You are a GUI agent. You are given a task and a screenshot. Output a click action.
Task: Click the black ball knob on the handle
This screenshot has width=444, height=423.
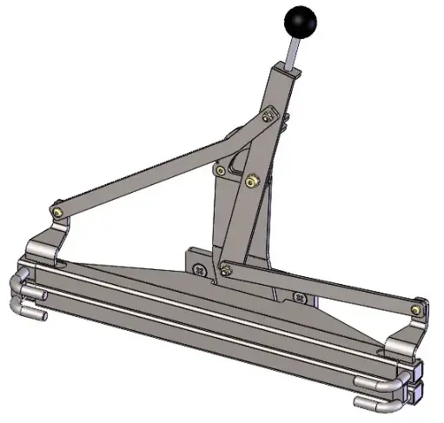click(x=300, y=21)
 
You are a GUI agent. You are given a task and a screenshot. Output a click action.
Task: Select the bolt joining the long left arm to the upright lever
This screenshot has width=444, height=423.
click(x=268, y=113)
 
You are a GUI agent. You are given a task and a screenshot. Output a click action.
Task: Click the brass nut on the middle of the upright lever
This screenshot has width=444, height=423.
click(x=253, y=180)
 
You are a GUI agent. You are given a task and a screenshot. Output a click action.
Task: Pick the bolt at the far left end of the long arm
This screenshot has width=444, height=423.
click(x=57, y=209)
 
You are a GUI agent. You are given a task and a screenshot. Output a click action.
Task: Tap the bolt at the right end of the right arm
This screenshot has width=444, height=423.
click(x=420, y=306)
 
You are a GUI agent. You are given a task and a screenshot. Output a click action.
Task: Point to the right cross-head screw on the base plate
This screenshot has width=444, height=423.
click(x=300, y=299)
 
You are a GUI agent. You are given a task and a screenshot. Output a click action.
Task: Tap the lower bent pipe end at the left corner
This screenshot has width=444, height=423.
click(x=31, y=308)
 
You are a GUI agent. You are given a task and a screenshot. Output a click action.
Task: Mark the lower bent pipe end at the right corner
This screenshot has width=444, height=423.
click(x=375, y=403)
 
